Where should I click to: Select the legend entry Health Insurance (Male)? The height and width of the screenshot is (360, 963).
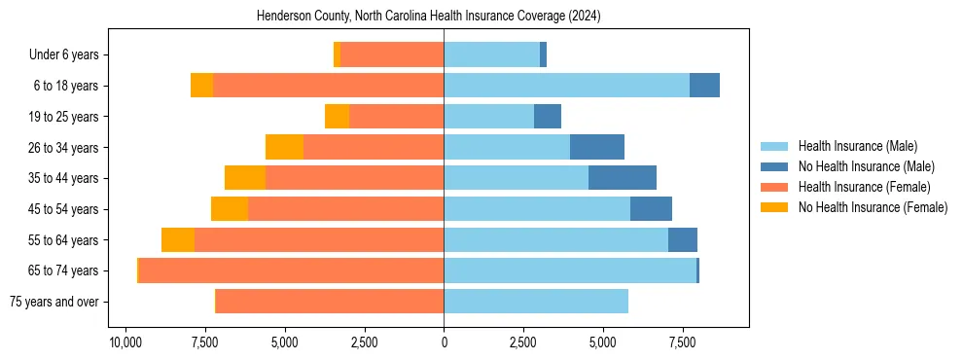click(x=858, y=146)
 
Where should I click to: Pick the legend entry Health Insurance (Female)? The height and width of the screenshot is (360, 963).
click(x=864, y=187)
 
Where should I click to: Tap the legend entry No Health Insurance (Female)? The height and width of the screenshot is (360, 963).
click(x=873, y=207)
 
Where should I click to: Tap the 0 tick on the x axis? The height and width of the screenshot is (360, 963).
click(x=444, y=343)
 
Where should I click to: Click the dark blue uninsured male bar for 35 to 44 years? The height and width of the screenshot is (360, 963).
click(x=623, y=178)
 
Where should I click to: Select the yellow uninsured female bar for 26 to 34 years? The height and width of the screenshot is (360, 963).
click(x=284, y=147)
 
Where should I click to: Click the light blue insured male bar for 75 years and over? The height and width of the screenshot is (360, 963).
click(x=536, y=302)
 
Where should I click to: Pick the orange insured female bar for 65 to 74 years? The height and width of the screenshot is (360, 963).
click(x=292, y=270)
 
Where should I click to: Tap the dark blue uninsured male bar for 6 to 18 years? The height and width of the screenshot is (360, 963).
click(x=704, y=86)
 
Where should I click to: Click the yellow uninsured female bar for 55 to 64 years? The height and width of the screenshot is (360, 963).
click(x=178, y=239)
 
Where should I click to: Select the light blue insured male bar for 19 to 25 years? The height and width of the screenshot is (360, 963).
click(x=489, y=117)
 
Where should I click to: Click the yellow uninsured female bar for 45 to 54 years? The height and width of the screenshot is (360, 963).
click(x=230, y=209)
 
